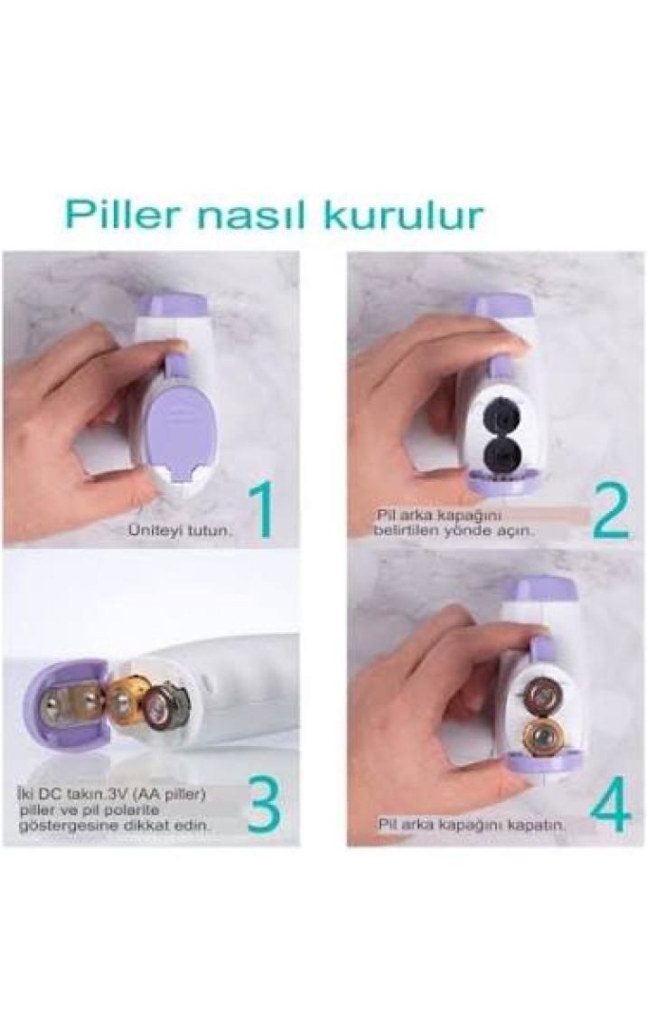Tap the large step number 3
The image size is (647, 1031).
(263, 804)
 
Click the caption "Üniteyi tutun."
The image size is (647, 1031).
(181, 530)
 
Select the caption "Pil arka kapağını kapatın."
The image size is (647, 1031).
(471, 825)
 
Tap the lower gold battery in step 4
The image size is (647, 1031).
(540, 732)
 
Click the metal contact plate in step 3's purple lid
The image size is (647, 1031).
(66, 704)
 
